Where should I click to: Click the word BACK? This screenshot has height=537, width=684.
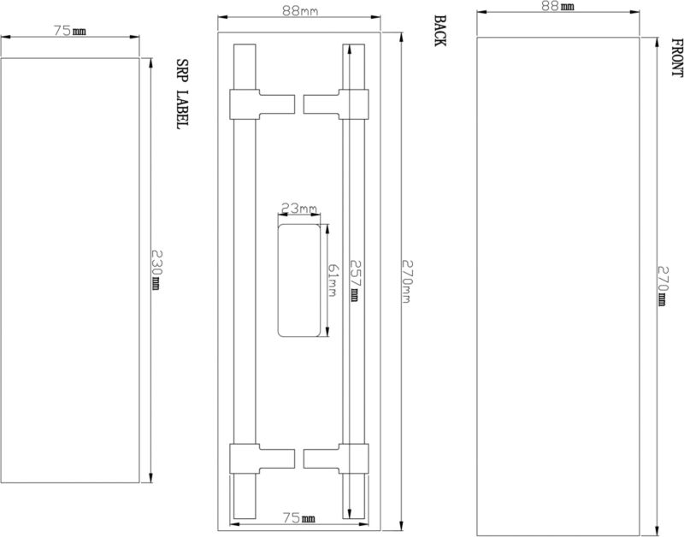(x=439, y=31)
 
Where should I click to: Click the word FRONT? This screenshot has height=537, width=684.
(x=676, y=57)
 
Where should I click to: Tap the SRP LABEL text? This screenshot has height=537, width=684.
(x=182, y=94)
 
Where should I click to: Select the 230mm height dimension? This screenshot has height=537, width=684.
(x=156, y=270)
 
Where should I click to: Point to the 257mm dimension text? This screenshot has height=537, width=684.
(x=356, y=280)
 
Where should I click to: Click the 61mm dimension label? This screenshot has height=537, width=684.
(x=332, y=280)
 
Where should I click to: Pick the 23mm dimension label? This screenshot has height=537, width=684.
(x=298, y=209)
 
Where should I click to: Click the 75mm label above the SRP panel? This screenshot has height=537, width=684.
(x=70, y=31)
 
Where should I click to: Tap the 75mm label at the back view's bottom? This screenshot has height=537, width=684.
(x=298, y=518)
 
